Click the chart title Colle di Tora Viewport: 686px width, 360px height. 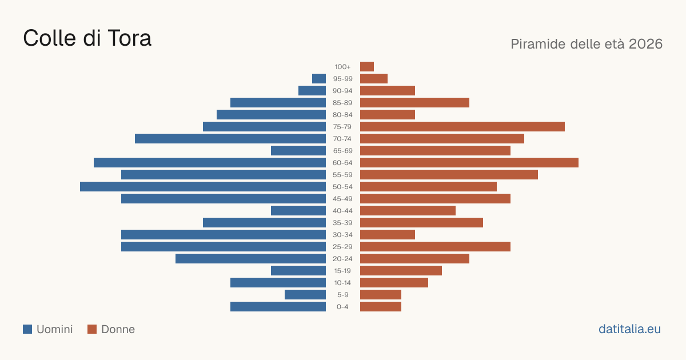click(x=87, y=38)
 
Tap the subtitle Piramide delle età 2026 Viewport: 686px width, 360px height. click(x=587, y=44)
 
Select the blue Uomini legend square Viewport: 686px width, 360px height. click(x=27, y=329)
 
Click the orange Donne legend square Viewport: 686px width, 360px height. click(x=92, y=329)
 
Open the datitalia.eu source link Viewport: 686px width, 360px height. click(x=629, y=329)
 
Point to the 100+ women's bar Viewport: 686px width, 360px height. click(x=367, y=66)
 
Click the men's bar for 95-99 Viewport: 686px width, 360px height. click(x=319, y=78)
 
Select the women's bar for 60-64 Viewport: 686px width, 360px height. click(x=469, y=162)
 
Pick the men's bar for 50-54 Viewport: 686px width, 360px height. click(x=203, y=186)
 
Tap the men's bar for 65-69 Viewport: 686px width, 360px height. click(x=298, y=151)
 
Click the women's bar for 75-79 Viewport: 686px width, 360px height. click(x=462, y=126)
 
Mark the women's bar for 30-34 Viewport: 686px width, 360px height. click(x=388, y=234)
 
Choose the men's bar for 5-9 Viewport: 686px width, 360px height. click(x=305, y=294)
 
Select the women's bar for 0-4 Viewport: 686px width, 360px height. click(x=381, y=306)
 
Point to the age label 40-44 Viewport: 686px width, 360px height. click(x=342, y=211)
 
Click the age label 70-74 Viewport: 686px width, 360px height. click(x=342, y=139)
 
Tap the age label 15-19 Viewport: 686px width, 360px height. click(x=342, y=271)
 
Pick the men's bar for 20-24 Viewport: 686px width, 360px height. click(x=250, y=258)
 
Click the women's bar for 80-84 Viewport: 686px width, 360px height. click(x=388, y=114)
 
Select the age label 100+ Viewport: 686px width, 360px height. click(x=342, y=67)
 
